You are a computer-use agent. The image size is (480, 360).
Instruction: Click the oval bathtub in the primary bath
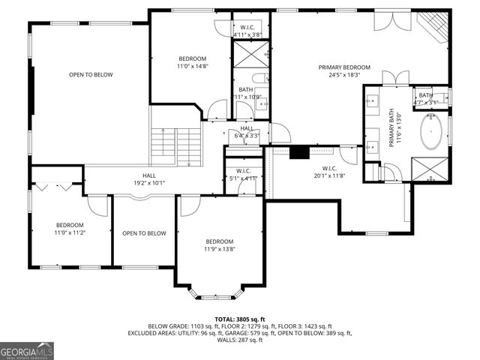(x=430, y=133)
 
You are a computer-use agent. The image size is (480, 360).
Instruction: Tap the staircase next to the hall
(x=177, y=147)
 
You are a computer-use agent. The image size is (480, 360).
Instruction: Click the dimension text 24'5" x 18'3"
(x=344, y=75)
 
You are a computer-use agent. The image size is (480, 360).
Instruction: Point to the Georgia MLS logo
(x=27, y=350)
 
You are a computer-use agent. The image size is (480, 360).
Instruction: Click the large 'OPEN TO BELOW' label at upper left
(x=91, y=75)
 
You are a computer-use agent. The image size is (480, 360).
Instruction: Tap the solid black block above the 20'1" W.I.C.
(x=299, y=152)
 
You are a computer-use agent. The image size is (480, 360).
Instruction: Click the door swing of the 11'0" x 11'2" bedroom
(x=97, y=204)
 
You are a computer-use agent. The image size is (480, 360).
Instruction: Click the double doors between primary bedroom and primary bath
(x=394, y=78)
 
